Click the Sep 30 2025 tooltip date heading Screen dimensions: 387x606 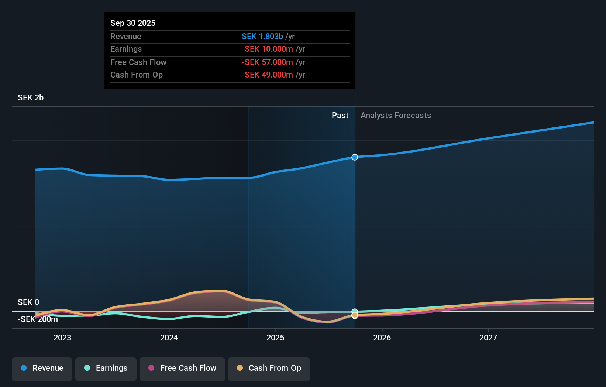133,23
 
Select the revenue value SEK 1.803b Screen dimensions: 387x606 262,36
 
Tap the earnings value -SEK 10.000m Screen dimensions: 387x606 267,49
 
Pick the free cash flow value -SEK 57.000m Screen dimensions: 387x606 267,62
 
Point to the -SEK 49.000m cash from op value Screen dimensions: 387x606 267,75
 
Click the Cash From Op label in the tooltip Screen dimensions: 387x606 137,75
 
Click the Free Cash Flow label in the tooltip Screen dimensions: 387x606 138,62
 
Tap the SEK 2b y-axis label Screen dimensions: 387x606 31,97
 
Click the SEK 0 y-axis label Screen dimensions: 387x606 28,302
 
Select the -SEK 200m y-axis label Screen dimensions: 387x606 38,319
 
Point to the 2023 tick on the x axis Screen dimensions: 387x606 62,338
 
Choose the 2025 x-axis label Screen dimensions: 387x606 275,338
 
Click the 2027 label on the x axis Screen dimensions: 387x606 488,338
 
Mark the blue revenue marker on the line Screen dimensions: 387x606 355,157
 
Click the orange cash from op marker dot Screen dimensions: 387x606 355,315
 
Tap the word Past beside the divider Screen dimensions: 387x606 340,115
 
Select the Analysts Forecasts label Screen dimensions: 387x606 396,115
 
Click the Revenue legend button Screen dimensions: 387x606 42,369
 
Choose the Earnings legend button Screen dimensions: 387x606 106,369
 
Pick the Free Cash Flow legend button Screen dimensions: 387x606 182,369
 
